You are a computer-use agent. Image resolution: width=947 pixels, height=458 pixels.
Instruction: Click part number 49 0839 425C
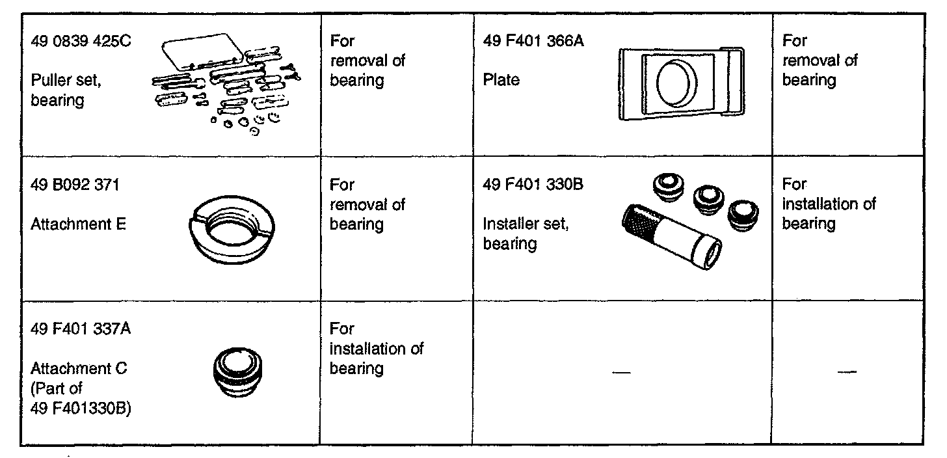[x=81, y=41]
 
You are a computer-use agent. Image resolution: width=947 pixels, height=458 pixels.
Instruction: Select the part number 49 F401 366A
[x=534, y=41]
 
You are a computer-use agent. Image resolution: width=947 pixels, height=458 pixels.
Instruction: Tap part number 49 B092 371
[x=75, y=185]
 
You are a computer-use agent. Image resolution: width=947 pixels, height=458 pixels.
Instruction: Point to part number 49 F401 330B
[x=533, y=185]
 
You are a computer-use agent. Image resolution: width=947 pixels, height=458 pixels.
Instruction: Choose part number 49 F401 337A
[x=81, y=329]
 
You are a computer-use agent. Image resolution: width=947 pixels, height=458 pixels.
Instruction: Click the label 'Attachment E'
[x=78, y=224]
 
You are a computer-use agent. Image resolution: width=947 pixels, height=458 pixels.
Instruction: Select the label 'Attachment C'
[x=79, y=369]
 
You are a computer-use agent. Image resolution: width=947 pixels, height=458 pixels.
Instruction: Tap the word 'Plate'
[x=501, y=81]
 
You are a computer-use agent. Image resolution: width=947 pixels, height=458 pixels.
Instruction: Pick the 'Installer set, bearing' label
[x=526, y=234]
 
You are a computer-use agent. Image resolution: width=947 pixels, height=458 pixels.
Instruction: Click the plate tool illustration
[x=680, y=83]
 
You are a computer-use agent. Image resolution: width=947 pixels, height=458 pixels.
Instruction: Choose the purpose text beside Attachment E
[x=367, y=204]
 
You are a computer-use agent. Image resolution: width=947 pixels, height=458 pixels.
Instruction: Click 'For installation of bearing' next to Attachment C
[x=376, y=349]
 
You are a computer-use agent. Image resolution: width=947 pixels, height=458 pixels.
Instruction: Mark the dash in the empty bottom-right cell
[x=847, y=372]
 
